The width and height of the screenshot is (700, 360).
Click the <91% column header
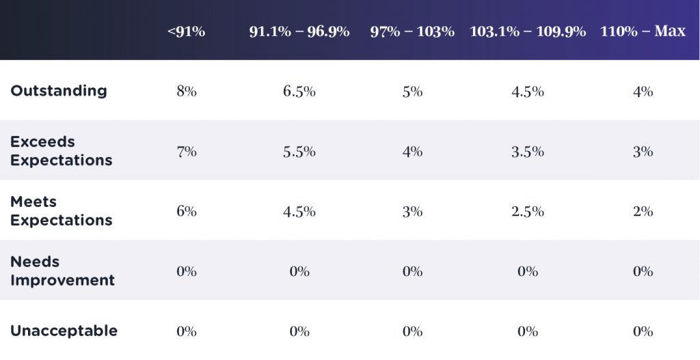tap(186, 31)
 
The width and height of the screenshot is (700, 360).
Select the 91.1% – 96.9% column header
tap(299, 31)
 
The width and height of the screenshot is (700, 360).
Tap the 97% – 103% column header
tap(412, 31)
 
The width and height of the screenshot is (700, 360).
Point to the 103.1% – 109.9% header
tap(528, 31)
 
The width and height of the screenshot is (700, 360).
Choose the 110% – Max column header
tap(643, 31)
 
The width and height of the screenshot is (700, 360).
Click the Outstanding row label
tap(59, 91)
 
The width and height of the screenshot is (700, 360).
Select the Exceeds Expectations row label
tap(61, 151)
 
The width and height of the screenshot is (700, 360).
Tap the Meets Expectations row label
tap(61, 211)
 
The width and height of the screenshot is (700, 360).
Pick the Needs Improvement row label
tap(62, 271)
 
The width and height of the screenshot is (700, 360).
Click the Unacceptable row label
tap(64, 331)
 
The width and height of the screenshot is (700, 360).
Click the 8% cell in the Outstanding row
tap(186, 92)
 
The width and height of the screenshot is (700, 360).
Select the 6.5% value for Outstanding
tap(299, 92)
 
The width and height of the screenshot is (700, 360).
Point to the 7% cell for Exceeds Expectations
tap(186, 152)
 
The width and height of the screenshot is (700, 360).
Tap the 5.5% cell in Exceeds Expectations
tap(299, 152)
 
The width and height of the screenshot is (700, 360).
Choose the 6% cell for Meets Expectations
tap(186, 212)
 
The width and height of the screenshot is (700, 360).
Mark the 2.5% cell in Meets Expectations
tap(528, 212)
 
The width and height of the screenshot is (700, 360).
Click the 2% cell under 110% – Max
tap(643, 212)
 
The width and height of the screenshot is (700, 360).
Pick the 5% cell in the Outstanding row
tap(412, 92)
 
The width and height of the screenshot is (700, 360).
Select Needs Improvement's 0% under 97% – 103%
tap(412, 272)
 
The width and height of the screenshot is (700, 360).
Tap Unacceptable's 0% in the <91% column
tap(186, 332)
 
